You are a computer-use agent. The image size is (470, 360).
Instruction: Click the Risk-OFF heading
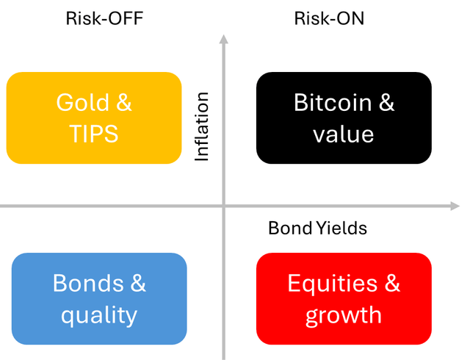click(x=104, y=18)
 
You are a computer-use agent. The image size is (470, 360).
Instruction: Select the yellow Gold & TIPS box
click(x=94, y=118)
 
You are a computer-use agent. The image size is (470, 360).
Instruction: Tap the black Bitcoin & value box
click(x=344, y=118)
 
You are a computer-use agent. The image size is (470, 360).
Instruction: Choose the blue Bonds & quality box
click(x=99, y=298)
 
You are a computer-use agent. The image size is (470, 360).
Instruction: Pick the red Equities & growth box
click(x=344, y=298)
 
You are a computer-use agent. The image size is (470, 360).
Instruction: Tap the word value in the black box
click(x=343, y=134)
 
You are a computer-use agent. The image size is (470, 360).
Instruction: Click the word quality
click(x=99, y=315)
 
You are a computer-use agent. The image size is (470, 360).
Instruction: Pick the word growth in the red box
click(x=344, y=315)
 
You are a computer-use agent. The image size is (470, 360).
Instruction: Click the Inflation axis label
click(x=202, y=126)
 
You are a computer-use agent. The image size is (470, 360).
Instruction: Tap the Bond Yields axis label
click(x=317, y=228)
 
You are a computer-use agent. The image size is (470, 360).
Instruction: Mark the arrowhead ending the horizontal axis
click(x=454, y=206)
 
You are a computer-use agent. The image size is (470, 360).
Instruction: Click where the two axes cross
click(x=224, y=206)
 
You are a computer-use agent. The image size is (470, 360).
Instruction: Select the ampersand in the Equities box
click(x=391, y=284)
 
